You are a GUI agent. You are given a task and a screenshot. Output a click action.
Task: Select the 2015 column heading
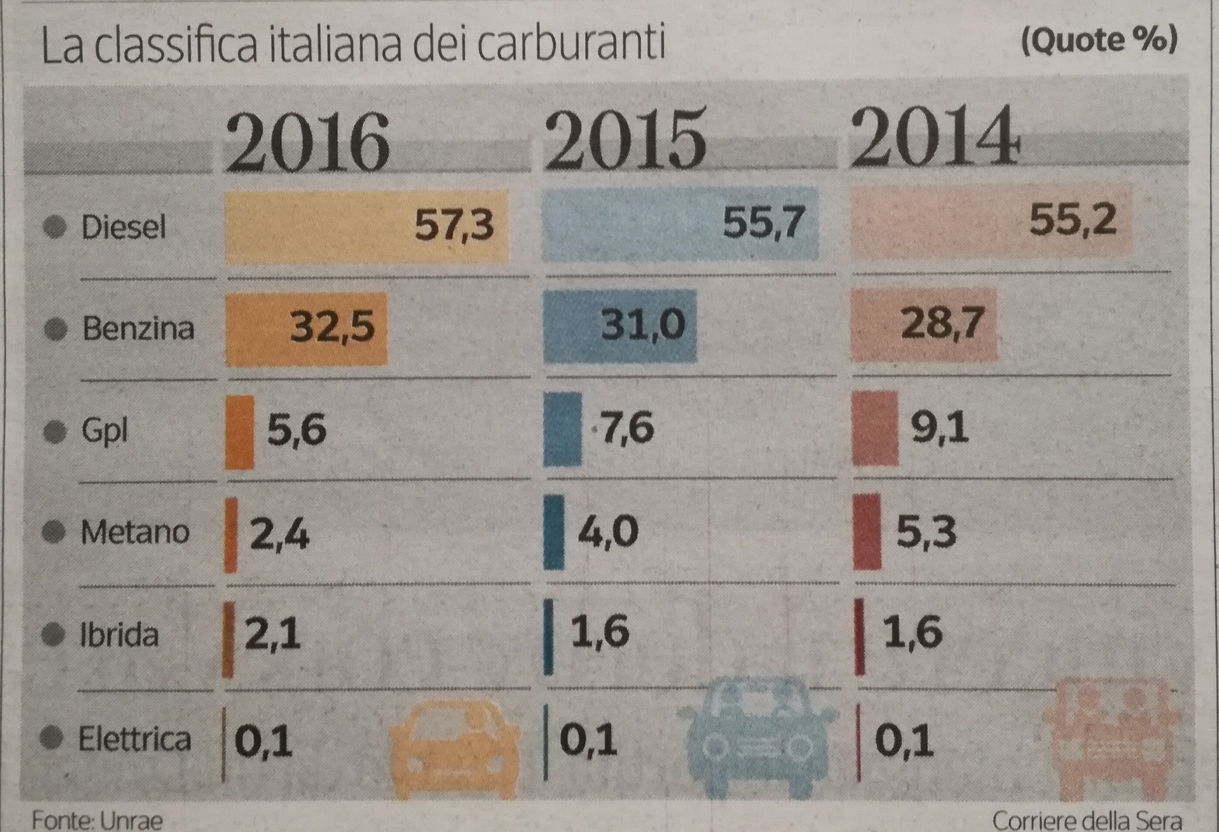click(x=625, y=139)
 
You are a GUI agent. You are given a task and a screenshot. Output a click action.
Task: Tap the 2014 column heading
click(x=935, y=136)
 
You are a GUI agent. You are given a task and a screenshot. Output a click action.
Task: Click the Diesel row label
click(x=124, y=227)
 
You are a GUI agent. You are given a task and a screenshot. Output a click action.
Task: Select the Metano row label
click(x=135, y=532)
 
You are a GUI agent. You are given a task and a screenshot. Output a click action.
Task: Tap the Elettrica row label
click(x=134, y=739)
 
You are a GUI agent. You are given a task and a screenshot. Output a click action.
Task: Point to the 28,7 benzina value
click(x=942, y=322)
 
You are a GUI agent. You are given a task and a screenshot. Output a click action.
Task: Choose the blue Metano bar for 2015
click(x=554, y=532)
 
